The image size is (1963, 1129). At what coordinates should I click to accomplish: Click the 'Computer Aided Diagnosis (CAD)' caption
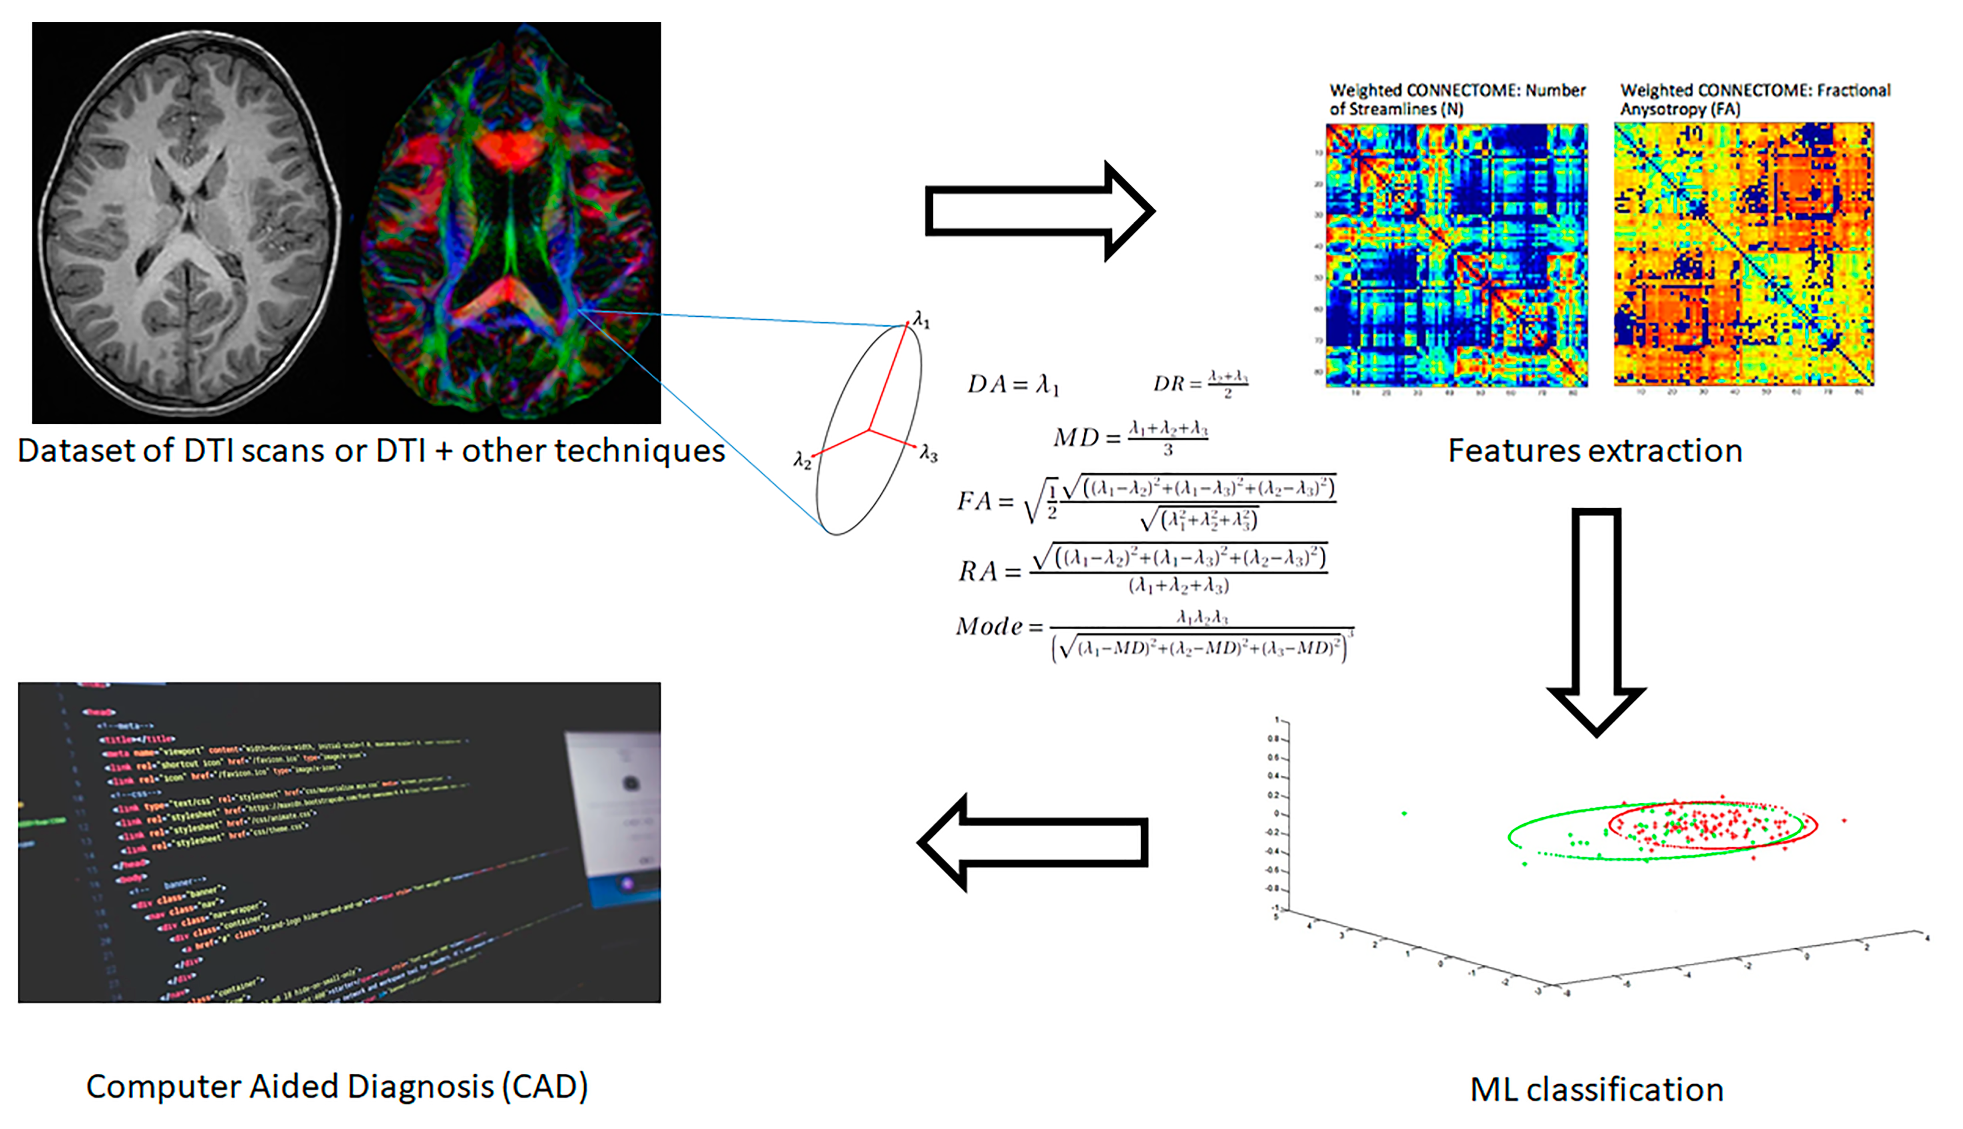pos(337,1086)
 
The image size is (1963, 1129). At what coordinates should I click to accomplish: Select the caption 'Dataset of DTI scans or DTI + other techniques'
pos(371,450)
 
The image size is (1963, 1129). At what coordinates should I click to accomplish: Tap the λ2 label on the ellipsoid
pos(802,461)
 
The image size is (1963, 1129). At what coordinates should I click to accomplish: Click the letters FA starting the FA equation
pos(974,501)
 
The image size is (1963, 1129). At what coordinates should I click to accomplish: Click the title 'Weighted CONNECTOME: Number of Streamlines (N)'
pos(1457,99)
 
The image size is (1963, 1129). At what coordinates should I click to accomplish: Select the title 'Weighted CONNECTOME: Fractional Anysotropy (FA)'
pos(1754,99)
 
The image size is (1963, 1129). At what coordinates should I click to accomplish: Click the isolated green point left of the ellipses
pos(1405,814)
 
